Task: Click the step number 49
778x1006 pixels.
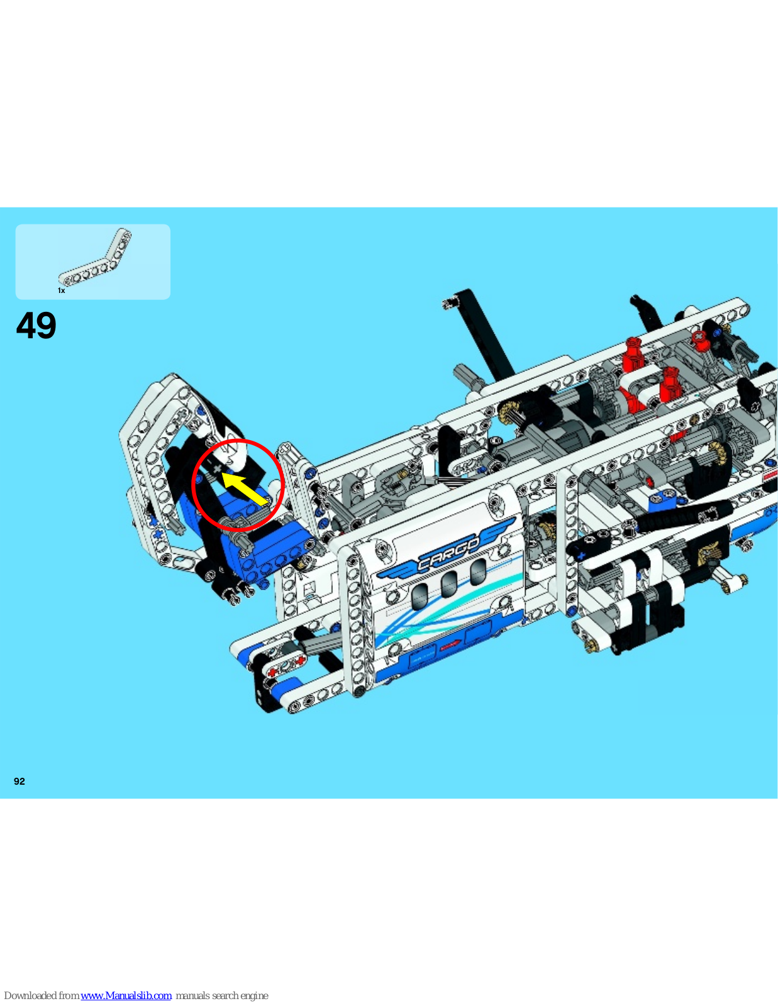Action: pyautogui.click(x=36, y=326)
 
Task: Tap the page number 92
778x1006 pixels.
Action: pyautogui.click(x=19, y=782)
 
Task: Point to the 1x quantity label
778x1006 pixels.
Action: pyautogui.click(x=61, y=290)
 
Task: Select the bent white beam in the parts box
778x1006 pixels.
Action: pyautogui.click(x=95, y=257)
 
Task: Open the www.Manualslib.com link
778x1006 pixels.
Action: pyautogui.click(x=126, y=995)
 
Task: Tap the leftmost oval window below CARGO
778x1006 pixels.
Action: pyautogui.click(x=420, y=596)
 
